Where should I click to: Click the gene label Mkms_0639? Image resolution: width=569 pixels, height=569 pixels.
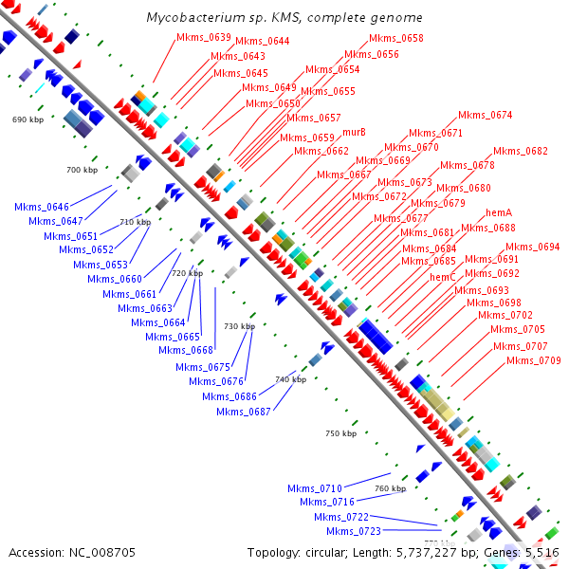(204, 38)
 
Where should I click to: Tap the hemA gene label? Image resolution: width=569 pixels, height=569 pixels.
(499, 213)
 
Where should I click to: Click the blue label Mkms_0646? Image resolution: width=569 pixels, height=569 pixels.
(42, 207)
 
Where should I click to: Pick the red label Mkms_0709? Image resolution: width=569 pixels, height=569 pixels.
(533, 361)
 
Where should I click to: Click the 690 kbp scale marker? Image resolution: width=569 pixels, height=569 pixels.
(28, 120)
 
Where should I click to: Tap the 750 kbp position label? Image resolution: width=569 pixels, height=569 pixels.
(340, 433)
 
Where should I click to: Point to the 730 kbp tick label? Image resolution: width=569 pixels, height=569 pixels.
(239, 326)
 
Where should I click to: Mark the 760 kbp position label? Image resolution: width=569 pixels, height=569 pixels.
(390, 488)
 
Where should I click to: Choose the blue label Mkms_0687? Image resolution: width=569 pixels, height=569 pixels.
(244, 412)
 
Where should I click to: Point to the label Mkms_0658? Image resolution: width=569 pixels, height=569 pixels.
(396, 39)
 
